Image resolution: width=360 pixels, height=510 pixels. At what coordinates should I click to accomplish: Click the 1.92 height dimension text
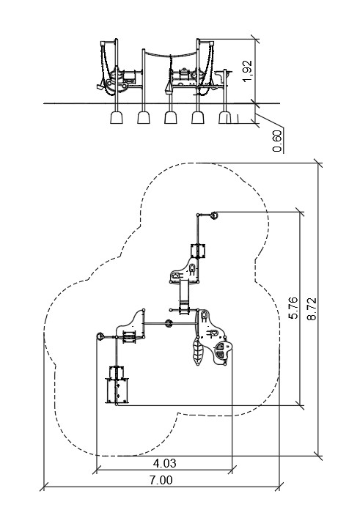point(248,71)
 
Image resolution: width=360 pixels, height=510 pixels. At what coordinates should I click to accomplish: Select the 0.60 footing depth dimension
point(277,141)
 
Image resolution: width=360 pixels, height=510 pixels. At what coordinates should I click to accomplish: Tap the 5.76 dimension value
point(293,308)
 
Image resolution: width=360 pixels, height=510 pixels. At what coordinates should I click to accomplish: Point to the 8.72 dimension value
point(312,308)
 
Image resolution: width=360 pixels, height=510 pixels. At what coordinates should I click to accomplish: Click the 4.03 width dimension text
point(165,463)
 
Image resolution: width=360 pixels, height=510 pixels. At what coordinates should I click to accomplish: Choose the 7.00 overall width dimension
point(161,480)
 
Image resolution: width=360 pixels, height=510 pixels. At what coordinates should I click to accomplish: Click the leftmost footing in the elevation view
point(116,117)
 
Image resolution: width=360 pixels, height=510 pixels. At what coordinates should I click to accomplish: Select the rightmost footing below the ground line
point(224,117)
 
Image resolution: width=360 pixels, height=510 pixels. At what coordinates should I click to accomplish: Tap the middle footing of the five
point(171,117)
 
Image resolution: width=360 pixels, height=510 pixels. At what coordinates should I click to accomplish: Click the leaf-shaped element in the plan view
point(198,352)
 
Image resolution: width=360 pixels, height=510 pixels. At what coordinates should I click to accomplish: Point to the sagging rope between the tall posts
point(171,55)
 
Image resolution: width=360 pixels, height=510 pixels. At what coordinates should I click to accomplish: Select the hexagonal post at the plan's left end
point(100,336)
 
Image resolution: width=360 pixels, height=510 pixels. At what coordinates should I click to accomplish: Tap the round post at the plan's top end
point(214,215)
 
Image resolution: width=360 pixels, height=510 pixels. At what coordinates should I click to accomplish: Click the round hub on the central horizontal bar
point(169,323)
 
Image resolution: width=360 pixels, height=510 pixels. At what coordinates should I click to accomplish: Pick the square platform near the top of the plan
point(198,251)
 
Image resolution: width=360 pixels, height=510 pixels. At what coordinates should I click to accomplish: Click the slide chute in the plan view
point(184,297)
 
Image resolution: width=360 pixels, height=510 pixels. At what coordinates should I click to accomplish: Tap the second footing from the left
point(143,117)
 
